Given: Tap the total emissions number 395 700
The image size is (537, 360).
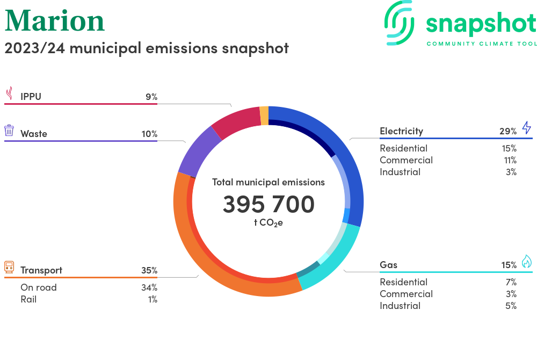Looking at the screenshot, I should tap(268, 204).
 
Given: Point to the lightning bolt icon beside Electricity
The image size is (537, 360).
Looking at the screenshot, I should tap(526, 128).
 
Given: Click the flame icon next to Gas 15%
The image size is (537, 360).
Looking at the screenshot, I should tap(526, 262).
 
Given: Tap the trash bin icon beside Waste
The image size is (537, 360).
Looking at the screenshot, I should tap(9, 131).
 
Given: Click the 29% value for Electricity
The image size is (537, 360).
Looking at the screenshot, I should tap(507, 131).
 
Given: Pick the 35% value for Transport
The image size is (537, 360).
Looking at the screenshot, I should tap(149, 270).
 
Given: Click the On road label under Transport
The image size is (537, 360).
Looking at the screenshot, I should tap(38, 287).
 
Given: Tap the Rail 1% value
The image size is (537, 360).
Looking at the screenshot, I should tap(153, 299).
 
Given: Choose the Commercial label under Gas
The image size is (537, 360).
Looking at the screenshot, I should tap(406, 294).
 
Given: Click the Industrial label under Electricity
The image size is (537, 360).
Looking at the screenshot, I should tap(400, 172).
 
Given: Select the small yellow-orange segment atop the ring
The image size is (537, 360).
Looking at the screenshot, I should tap(264, 116).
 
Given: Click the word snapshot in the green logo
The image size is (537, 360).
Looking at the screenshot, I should tap(481, 24).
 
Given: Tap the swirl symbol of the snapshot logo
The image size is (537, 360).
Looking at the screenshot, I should tap(401, 23).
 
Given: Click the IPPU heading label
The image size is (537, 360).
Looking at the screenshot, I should tap(31, 97).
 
